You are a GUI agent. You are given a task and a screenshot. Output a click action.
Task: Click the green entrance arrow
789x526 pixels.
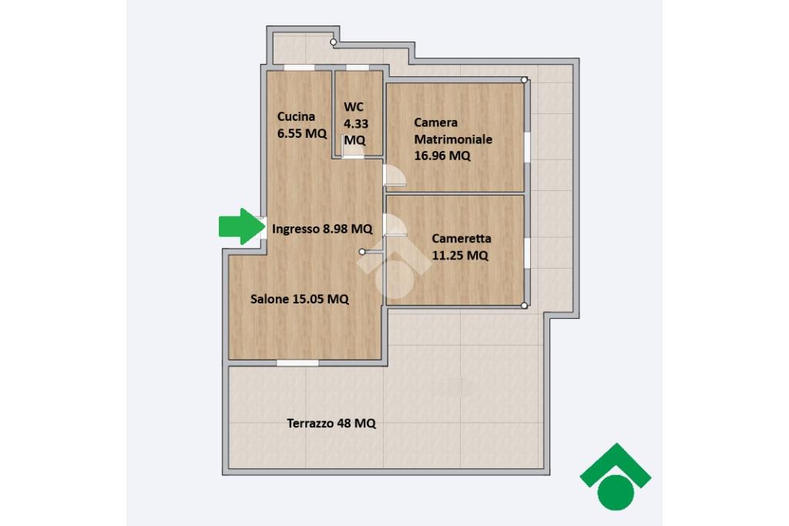coord(242,226)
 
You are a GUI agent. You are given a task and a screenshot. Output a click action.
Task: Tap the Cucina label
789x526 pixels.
coord(296,116)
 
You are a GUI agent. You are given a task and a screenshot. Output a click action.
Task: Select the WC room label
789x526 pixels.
coord(353,106)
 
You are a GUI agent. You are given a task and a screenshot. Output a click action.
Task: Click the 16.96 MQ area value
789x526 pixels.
coord(442,156)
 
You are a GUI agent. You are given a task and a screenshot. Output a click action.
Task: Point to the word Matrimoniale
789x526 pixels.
coord(453,139)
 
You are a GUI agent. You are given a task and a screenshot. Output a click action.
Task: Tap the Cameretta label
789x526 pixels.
coord(462,239)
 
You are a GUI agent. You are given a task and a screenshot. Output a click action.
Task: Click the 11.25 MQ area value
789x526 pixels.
coord(460,256)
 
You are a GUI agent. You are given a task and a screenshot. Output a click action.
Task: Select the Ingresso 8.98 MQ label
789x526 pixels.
coord(322,229)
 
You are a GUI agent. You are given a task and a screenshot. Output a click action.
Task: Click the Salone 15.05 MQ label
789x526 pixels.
coord(300,300)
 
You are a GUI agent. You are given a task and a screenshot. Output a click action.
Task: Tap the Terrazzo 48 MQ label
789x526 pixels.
coord(331,424)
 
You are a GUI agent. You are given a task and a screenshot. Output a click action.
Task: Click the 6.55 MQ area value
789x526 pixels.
coord(302,133)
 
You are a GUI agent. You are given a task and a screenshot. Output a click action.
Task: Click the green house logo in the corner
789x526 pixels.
coord(616,476)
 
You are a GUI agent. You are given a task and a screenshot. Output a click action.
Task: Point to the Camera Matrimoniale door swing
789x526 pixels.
coord(394,176)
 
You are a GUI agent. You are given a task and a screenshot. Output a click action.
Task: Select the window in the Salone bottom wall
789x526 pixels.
coord(297,363)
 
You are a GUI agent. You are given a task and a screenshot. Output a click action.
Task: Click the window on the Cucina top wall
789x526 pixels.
coord(299,67)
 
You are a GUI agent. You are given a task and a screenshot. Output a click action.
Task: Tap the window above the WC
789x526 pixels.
coord(358,67)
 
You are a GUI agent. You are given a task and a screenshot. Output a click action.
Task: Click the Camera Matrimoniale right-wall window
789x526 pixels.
coord(527,147)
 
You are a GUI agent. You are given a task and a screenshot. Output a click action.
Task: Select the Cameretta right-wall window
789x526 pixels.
coord(527,253)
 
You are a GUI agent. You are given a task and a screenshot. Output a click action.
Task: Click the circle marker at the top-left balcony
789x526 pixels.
coord(333,42)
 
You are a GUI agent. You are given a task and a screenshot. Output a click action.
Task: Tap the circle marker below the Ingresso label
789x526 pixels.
coord(362,251)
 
